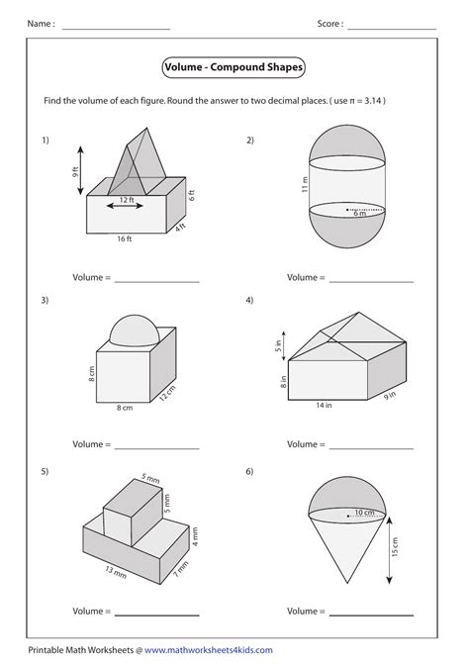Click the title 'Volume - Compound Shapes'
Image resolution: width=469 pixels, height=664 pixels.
(234, 68)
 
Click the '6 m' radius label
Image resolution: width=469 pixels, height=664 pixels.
(360, 215)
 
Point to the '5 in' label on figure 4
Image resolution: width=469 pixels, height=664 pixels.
(278, 346)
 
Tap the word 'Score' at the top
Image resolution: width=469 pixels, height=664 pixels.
(328, 23)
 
